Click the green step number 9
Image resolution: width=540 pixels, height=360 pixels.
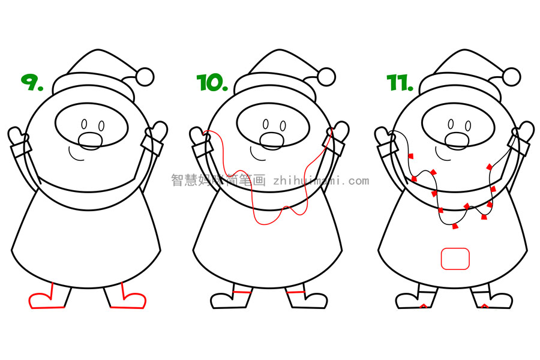[x=32, y=82]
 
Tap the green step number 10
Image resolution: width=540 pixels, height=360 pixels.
[x=212, y=83]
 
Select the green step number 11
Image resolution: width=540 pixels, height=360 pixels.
[x=400, y=83]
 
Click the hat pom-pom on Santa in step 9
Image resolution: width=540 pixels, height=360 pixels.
[x=145, y=76]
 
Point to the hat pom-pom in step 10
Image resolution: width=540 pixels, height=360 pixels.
[x=326, y=76]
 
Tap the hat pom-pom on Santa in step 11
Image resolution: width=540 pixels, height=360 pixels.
[x=511, y=76]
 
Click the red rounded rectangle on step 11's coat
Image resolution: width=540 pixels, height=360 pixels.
[x=455, y=259]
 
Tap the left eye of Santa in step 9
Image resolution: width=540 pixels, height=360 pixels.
[x=84, y=124]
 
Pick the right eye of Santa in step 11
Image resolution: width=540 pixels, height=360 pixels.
[x=469, y=125]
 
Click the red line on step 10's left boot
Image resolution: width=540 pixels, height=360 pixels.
[x=242, y=292]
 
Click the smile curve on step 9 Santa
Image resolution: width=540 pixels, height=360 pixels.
[x=76, y=155]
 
